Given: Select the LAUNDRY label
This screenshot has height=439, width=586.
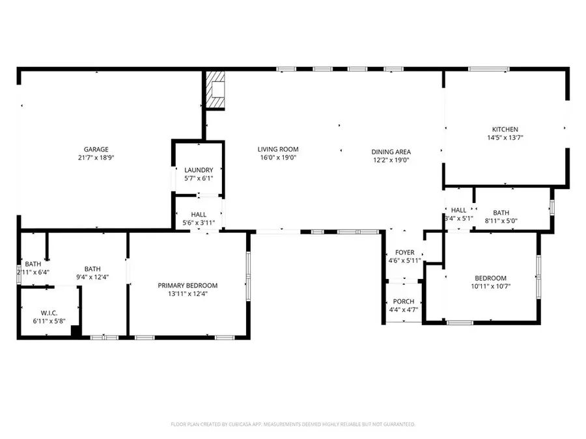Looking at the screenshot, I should click(199, 170).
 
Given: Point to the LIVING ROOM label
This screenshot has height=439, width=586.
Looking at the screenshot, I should click(278, 149).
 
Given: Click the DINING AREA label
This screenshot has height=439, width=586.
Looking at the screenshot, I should click(391, 152).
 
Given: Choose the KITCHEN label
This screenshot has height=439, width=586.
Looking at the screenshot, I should click(505, 129).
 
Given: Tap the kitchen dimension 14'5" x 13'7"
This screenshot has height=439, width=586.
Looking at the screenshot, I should click(505, 138).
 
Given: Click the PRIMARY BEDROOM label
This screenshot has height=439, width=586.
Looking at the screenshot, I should click(188, 286).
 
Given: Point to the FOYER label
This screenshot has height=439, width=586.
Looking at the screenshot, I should click(404, 253).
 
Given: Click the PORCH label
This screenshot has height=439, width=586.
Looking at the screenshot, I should click(404, 301).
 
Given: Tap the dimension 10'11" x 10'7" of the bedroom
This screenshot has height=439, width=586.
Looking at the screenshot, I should click(492, 286).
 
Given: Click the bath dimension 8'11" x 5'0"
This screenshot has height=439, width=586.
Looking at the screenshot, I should click(501, 221).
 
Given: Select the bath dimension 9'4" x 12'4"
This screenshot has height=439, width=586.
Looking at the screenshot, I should click(92, 277).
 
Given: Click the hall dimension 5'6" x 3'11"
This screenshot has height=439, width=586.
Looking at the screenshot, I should click(199, 223).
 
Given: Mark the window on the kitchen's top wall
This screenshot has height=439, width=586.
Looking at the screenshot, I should click(489, 69).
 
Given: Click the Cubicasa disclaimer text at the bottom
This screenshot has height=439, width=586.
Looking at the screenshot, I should click(293, 424).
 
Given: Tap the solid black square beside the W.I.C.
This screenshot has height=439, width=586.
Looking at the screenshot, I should click(76, 331).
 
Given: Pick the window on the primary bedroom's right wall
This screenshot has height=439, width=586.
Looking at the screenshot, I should click(247, 276).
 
